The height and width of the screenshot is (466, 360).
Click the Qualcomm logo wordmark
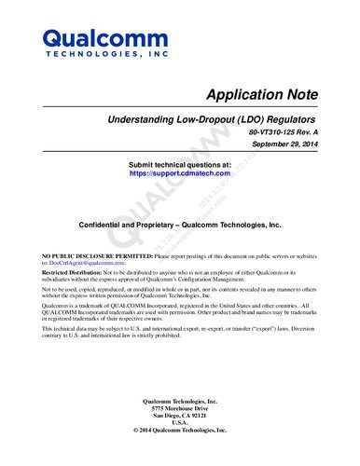[x=91, y=39]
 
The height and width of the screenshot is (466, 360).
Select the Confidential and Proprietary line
[x=180, y=226]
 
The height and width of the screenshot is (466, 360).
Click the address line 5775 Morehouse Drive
[x=179, y=409]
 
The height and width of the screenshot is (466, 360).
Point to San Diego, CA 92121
[x=179, y=417]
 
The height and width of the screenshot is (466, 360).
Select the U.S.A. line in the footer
[x=179, y=424]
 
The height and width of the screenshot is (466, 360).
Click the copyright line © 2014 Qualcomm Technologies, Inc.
[x=179, y=432]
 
